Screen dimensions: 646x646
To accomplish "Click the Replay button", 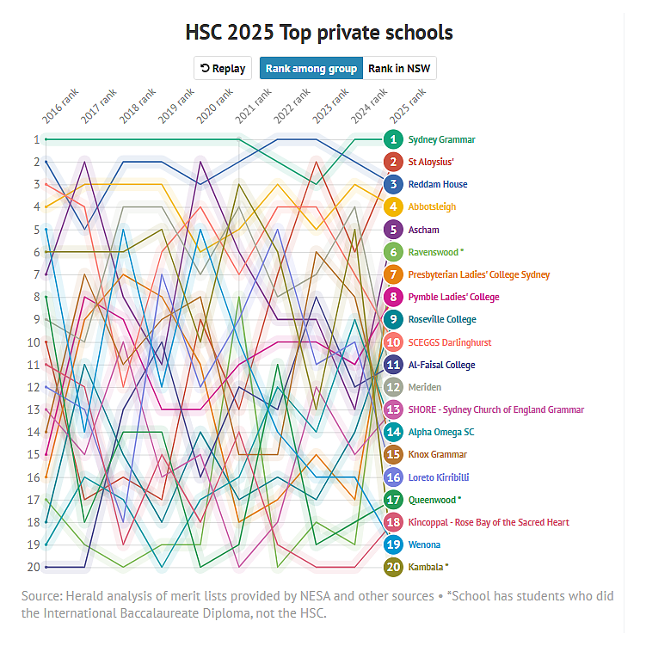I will [x=222, y=69].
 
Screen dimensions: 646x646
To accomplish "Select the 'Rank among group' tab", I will [x=311, y=69].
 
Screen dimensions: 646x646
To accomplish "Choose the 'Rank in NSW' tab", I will [x=399, y=69].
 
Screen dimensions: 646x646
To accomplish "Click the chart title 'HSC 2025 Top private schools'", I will [x=319, y=33].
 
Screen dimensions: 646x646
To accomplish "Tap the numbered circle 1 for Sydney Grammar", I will [x=393, y=139].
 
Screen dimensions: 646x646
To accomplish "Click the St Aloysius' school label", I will [x=431, y=162].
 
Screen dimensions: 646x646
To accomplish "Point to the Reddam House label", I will [x=438, y=184].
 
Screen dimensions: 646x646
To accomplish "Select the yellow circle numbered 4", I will [x=393, y=206].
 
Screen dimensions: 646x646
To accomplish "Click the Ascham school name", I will [x=424, y=230].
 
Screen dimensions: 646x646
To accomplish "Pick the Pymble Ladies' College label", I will [x=453, y=297].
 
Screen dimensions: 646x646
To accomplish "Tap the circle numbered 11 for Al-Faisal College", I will [x=393, y=365].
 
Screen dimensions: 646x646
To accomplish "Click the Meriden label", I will [x=426, y=387].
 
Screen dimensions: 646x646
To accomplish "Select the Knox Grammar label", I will [x=438, y=454].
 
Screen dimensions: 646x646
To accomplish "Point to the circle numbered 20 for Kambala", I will [x=393, y=567].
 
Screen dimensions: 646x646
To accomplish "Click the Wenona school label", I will [x=424, y=544].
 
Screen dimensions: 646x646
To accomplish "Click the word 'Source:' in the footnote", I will [x=44, y=596].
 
